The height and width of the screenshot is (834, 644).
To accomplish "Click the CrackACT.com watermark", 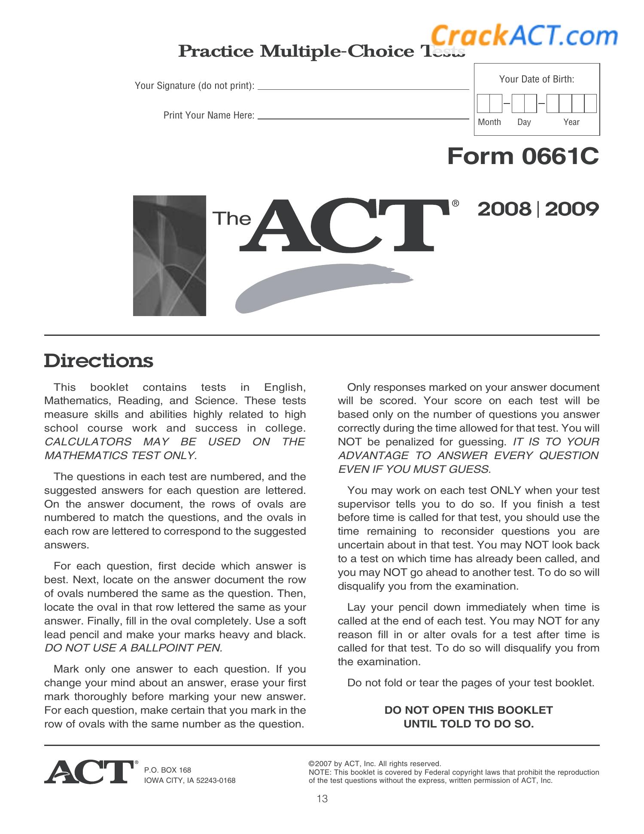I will coord(524,35).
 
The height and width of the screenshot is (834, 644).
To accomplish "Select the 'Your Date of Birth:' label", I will coord(536,79).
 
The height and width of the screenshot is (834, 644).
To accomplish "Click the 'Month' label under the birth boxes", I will coord(489,122).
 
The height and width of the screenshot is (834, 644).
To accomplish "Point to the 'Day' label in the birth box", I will coord(524,122).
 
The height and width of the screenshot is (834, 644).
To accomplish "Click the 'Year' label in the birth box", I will coord(571,122).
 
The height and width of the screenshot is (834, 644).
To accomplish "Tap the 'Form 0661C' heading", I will coord(522,156).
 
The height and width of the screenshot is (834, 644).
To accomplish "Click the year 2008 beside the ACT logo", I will coord(504,209).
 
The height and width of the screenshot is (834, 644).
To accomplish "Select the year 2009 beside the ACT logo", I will coord(572,209).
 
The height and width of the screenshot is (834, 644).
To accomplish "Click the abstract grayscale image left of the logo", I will coord(170,256).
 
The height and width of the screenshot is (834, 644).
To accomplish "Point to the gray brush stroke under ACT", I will coord(318,286).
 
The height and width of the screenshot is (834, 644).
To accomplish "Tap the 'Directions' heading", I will coord(98,360).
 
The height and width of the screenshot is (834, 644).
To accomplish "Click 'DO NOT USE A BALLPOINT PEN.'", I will coord(134,648).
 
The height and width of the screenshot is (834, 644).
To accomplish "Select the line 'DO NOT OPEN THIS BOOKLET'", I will coord(468,710).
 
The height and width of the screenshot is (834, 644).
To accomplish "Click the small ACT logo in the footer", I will coord(89,772).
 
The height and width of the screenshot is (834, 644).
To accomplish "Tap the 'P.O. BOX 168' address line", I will coord(167,770).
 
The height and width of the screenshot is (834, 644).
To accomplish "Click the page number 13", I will coord(322,799).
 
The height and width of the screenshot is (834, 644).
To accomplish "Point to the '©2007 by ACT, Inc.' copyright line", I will coord(374,764).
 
